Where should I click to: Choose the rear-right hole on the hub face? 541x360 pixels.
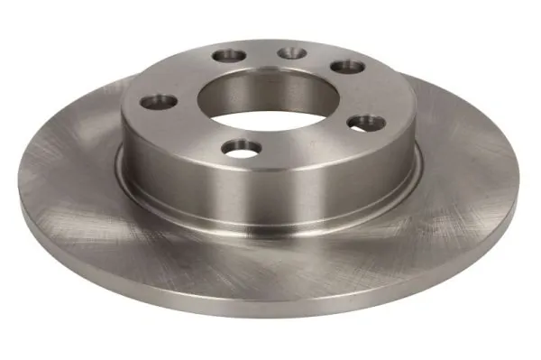344,66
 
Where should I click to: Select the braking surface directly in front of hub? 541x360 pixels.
270,262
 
